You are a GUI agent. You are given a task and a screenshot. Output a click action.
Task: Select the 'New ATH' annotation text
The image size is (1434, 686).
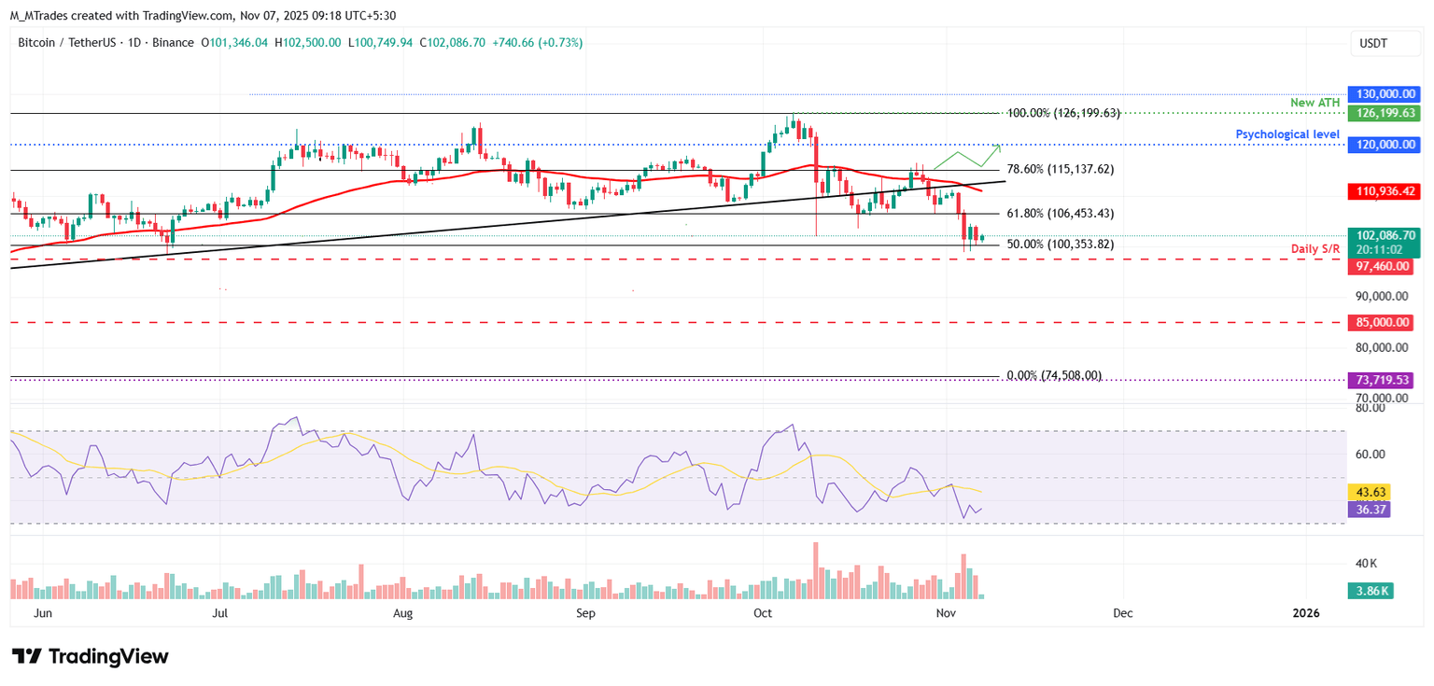tap(1316, 102)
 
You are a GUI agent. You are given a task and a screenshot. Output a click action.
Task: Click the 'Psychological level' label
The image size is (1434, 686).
tap(1287, 134)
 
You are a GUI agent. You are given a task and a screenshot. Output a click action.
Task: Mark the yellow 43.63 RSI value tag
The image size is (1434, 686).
tap(1370, 492)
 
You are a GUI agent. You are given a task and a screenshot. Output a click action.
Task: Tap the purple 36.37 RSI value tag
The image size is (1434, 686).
tap(1370, 510)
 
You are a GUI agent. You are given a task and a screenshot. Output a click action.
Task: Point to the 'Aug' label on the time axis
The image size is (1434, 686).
tap(402, 613)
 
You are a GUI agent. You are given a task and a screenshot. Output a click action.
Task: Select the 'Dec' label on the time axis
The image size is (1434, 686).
tap(1123, 613)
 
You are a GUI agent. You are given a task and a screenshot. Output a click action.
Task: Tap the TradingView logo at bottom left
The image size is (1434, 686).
tap(90, 657)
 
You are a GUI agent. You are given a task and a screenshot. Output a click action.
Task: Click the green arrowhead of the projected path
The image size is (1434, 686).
tap(999, 146)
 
